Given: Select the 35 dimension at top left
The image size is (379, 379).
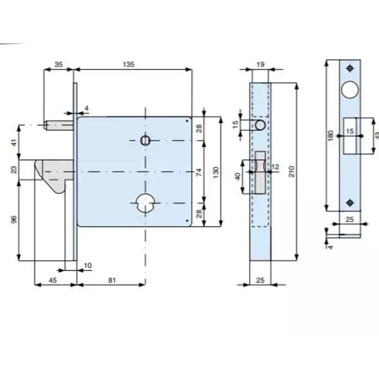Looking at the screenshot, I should point(59,64).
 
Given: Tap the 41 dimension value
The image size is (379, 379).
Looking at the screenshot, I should point(14,142).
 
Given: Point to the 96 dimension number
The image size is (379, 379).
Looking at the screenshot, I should point(14,220).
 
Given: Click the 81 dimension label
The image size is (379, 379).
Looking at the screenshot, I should point(112,280).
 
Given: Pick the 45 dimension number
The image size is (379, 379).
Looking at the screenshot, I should point(53,280).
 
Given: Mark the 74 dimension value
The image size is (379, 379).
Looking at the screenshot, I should point(199,173).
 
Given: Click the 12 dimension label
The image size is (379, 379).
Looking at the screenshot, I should point(276,167).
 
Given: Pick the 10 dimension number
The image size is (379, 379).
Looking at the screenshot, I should point(88,265).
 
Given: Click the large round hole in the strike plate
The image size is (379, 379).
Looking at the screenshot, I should point(350,90).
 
